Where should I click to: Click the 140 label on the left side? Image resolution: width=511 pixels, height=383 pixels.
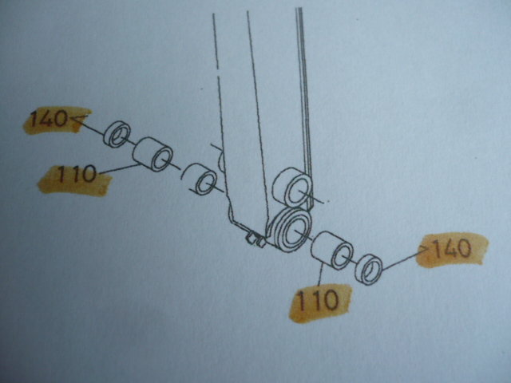(49, 119)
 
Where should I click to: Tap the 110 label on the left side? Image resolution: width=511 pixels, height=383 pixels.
(77, 174)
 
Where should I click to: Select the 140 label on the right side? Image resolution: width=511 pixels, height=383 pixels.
(453, 248)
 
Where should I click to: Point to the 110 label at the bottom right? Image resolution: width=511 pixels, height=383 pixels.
(318, 300)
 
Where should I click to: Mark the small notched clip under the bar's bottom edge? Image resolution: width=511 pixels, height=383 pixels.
(255, 239)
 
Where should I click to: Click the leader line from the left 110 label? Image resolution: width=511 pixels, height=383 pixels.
(119, 168)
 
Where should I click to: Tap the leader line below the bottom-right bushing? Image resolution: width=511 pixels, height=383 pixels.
(319, 276)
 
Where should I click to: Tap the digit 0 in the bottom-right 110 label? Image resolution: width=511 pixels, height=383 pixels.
(330, 300)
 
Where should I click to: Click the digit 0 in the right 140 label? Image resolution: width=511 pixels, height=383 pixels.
(464, 248)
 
